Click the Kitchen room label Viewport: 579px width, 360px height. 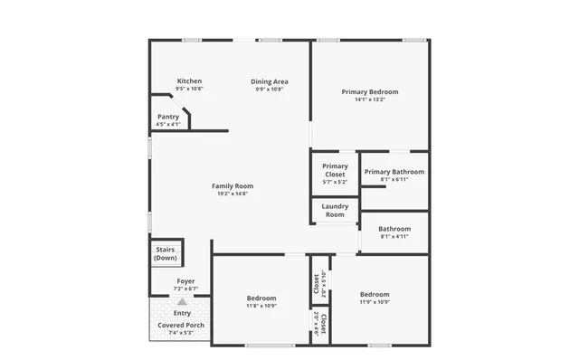point(189,81)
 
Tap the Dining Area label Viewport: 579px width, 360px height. point(270,81)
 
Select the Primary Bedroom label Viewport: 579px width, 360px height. point(369,91)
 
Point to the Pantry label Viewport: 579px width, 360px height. point(168,117)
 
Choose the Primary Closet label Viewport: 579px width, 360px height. point(335,170)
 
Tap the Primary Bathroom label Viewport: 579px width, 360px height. point(394,171)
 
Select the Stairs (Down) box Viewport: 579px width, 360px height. point(166,252)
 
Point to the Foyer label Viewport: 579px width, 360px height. point(185,282)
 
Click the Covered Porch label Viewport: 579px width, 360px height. point(182,325)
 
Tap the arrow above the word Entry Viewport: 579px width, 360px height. point(182,302)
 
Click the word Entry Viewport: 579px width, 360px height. point(182,313)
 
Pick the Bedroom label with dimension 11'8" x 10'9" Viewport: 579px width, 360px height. point(261,298)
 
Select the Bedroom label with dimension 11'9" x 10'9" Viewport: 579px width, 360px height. point(375,294)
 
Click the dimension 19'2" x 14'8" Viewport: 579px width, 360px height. point(233,194)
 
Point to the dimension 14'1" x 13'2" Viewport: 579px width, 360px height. point(369,99)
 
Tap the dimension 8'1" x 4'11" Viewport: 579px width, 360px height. point(394,237)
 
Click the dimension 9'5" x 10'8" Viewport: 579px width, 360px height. point(189,89)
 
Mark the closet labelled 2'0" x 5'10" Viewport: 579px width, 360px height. point(318,284)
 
